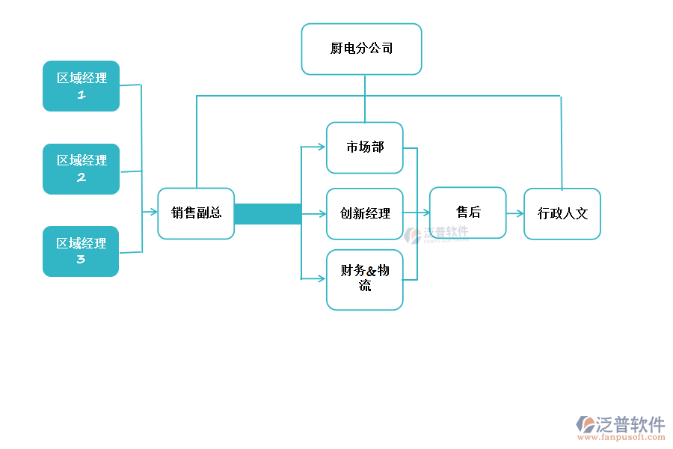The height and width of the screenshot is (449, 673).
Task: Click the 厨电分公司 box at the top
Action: (361, 49)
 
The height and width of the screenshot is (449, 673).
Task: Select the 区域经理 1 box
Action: (81, 86)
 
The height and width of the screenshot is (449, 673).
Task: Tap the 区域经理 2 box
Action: (81, 169)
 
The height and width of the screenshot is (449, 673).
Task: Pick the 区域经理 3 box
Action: (81, 251)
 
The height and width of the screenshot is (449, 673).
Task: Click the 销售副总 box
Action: (196, 213)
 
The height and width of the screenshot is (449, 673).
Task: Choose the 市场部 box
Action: (364, 147)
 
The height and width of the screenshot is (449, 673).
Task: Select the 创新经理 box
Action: (364, 213)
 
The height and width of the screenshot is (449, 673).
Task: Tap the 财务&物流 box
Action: (364, 279)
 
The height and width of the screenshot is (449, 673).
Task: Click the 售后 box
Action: (467, 213)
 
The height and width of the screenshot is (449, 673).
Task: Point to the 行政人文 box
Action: (562, 213)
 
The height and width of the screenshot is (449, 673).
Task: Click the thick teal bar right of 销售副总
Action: (267, 214)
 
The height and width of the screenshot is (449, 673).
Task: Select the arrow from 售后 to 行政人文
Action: (514, 213)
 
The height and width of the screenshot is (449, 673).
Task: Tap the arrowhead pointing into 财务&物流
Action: (322, 279)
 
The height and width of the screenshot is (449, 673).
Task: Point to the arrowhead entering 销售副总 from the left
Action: (153, 213)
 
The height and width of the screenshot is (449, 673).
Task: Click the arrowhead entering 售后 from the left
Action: (425, 213)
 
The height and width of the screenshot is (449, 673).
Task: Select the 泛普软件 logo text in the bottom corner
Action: (630, 424)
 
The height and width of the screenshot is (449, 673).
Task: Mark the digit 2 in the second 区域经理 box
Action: (81, 178)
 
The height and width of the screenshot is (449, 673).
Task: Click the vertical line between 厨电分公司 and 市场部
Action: (365, 98)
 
